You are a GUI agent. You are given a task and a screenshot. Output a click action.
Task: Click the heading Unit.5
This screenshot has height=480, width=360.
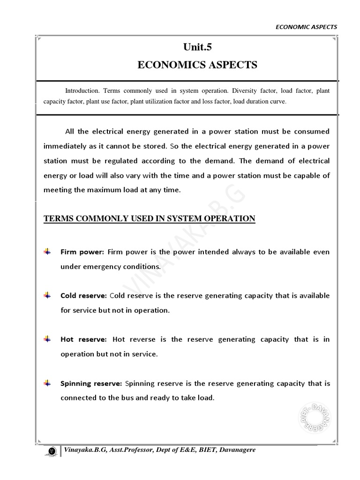[197, 47]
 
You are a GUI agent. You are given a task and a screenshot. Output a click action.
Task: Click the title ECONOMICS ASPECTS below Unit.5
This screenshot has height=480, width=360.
[197, 65]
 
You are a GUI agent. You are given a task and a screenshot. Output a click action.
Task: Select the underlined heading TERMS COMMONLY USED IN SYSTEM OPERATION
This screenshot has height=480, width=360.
[149, 218]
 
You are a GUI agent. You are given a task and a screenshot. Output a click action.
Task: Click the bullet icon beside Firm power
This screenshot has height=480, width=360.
[47, 252]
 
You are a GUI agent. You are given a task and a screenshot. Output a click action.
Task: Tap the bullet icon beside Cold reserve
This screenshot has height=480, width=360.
[47, 296]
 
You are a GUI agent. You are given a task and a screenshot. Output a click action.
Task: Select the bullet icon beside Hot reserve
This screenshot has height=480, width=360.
[47, 339]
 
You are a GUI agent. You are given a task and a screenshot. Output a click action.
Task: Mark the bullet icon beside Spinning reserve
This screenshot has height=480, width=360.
[47, 383]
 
